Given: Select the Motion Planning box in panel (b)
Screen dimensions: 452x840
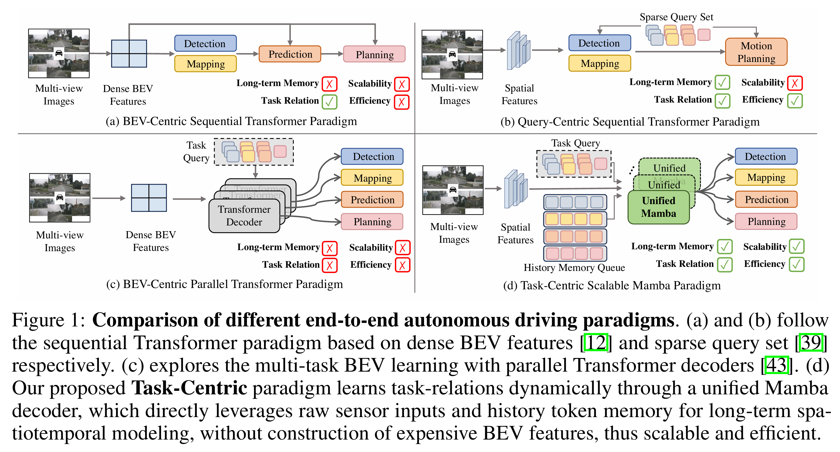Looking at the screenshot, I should (x=756, y=52).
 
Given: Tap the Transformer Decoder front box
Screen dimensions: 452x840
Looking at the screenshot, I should (x=244, y=215).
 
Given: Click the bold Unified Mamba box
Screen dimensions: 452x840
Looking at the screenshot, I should (x=658, y=207).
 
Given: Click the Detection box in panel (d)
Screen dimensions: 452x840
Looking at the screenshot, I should (x=766, y=156).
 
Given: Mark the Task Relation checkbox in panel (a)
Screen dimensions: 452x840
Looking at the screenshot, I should (x=329, y=101).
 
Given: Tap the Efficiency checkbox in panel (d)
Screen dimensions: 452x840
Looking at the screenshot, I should (x=796, y=264).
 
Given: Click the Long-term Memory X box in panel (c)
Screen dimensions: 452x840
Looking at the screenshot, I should (x=329, y=248).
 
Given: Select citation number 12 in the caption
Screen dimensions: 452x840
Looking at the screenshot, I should (x=596, y=342).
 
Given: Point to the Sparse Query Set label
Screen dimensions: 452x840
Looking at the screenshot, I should (x=676, y=17).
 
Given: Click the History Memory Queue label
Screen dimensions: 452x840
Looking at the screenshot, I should (x=574, y=267).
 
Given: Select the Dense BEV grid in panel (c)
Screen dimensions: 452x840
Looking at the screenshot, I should (x=149, y=198).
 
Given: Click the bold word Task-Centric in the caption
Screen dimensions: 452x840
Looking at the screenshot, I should (x=189, y=388).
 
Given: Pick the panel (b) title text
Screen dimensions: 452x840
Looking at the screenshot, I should (x=630, y=122).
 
